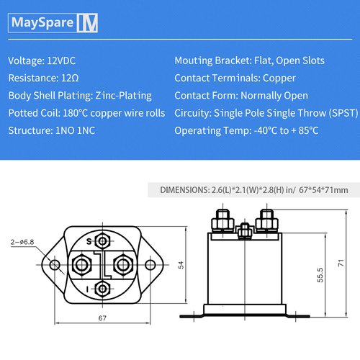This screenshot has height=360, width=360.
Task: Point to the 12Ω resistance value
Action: tap(73, 78)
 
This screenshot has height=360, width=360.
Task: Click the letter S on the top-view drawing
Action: tap(89, 241)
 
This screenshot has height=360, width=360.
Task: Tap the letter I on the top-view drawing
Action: tap(89, 288)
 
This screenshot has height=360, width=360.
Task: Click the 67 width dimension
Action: tap(104, 318)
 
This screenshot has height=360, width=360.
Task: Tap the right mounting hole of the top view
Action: tap(151, 265)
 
